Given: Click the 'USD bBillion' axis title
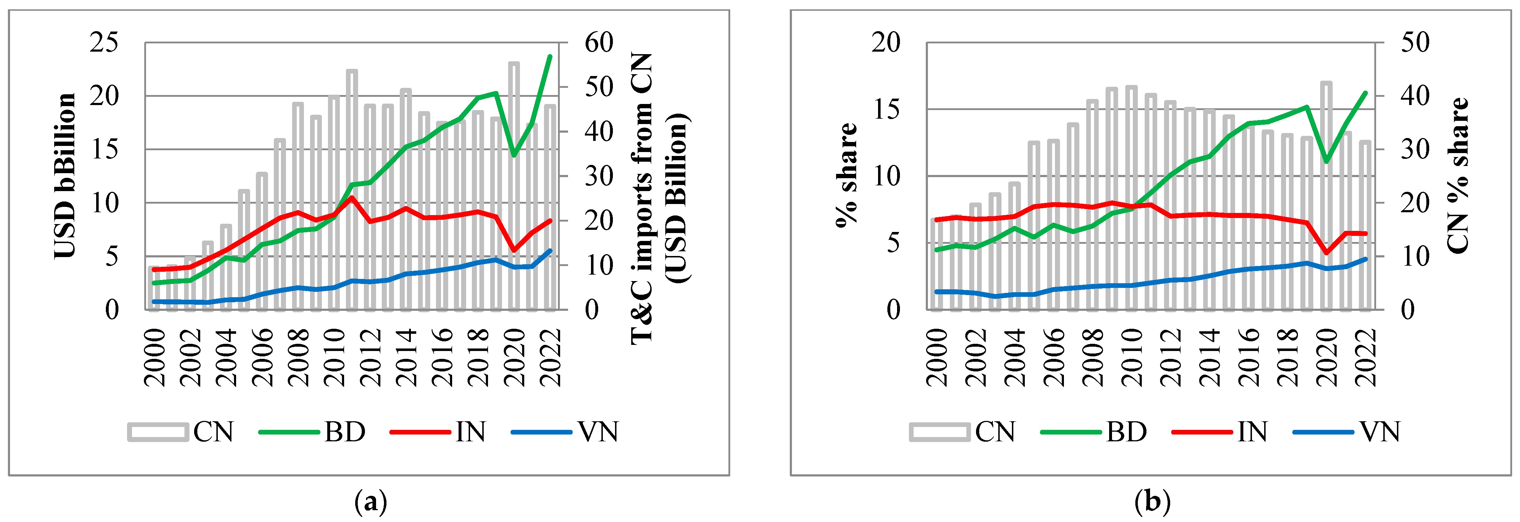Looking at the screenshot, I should (65, 176).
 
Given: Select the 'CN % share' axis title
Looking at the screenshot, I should (1458, 176).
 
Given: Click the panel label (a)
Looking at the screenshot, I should (371, 503).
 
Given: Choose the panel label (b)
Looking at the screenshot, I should (1153, 503).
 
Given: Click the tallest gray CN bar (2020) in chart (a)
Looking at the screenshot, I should (514, 177).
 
